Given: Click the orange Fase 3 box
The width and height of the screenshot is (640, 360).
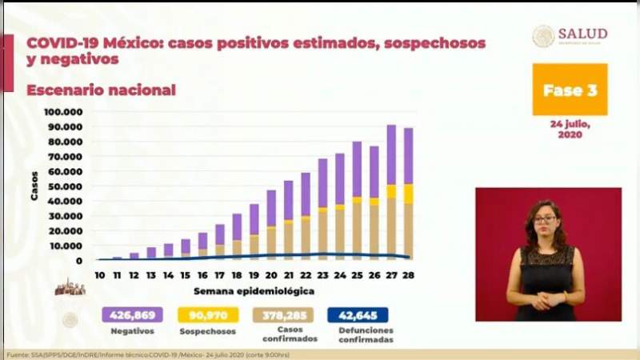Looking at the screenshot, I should click(x=570, y=90).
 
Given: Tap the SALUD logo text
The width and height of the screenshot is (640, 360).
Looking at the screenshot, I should click(x=582, y=34).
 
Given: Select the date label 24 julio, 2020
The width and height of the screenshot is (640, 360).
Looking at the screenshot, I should click(x=570, y=130).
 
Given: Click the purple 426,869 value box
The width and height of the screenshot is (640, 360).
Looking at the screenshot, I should click(x=132, y=315).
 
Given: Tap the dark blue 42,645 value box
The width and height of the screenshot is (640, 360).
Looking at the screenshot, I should click(x=358, y=315).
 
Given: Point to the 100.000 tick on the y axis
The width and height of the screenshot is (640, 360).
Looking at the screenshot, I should click(x=63, y=112).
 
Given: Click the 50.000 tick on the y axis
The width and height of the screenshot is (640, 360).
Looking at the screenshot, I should click(x=64, y=186).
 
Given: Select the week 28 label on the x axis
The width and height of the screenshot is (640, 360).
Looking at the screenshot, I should click(x=408, y=275).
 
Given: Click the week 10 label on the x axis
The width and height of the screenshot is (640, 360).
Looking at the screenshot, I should click(x=99, y=275).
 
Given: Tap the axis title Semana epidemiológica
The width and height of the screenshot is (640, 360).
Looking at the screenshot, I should click(x=254, y=290).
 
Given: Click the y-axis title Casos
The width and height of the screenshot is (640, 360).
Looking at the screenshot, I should click(x=34, y=187).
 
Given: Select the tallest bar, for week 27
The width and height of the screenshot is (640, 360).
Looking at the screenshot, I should click(x=391, y=192).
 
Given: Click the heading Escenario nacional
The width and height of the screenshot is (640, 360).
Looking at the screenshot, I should click(x=101, y=90).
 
